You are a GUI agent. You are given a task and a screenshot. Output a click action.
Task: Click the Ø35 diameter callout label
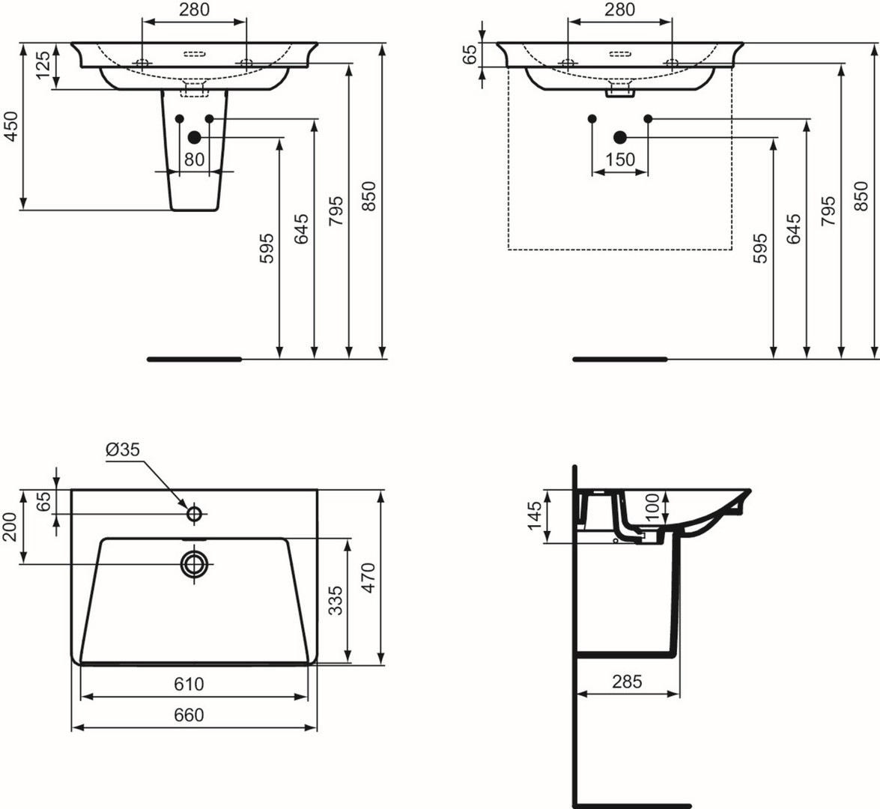[x=122, y=449]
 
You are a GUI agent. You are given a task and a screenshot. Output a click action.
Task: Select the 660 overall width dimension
[x=189, y=715]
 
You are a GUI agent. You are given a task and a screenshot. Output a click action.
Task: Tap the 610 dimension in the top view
[x=189, y=684]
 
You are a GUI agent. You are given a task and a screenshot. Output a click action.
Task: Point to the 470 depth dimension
[x=368, y=578]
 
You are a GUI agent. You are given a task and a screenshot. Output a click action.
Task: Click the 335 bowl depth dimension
[x=335, y=600]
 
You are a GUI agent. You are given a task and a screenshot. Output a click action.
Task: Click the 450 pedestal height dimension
[x=10, y=126]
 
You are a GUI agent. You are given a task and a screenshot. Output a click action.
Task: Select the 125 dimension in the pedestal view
[x=43, y=65]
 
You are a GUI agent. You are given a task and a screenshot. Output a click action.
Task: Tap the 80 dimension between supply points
[x=194, y=160]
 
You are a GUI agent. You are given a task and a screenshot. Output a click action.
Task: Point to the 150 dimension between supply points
[x=620, y=160]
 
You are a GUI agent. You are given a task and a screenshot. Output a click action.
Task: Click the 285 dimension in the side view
[x=627, y=682]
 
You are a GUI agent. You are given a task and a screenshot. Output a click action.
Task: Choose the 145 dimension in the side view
[x=535, y=515]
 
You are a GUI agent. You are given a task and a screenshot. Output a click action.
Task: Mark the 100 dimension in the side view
[x=653, y=507]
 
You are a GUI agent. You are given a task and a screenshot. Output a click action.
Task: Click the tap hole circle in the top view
[x=194, y=513]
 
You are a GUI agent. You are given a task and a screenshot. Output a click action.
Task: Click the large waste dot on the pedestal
[x=194, y=137]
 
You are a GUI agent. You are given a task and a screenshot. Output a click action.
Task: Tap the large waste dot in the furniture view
[x=620, y=137]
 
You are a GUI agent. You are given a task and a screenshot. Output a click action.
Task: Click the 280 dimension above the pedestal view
[x=194, y=10]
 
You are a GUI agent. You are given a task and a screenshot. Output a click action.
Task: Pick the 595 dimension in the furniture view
[x=760, y=248]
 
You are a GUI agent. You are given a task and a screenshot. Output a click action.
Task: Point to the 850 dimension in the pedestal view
[x=368, y=196]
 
